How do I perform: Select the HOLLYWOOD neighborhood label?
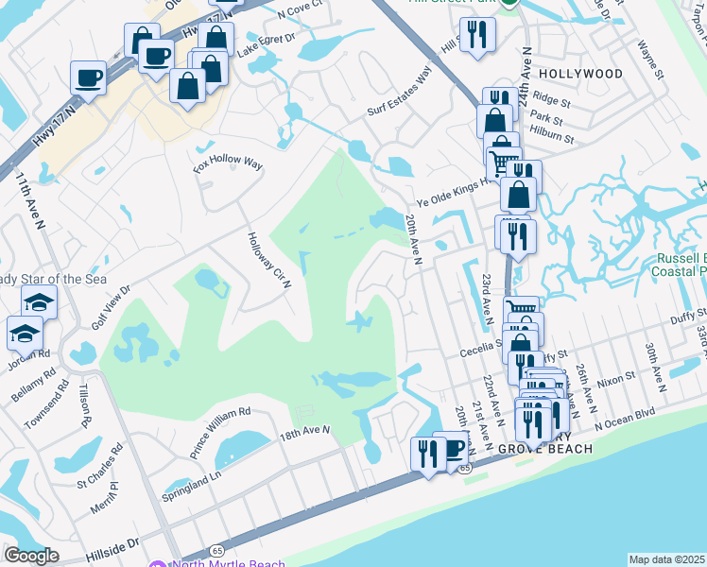click(580, 74)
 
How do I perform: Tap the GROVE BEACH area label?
click(544, 449)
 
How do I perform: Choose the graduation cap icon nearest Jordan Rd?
click(25, 333)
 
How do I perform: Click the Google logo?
click(31, 556)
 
